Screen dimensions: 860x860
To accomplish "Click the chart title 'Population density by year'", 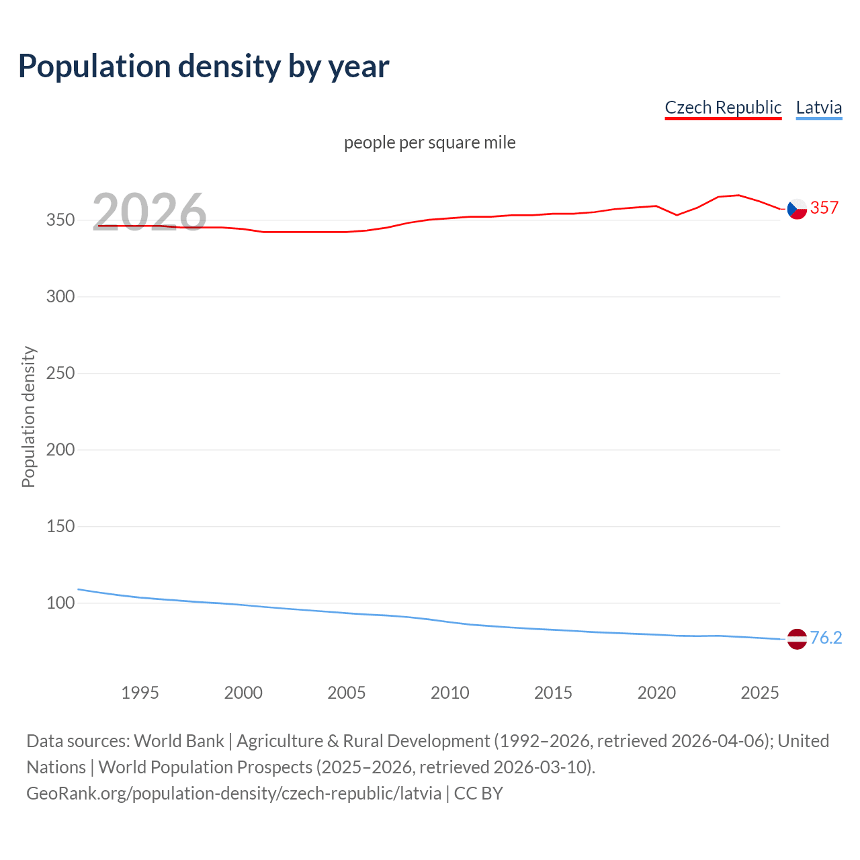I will tap(204, 67).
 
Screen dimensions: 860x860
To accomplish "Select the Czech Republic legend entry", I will tap(723, 107).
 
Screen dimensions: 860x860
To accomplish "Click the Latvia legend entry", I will tap(818, 107).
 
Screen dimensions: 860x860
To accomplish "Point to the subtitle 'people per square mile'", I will tap(430, 142).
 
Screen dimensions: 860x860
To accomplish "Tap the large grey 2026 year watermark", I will tap(149, 212).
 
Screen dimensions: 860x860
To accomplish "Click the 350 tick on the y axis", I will tap(60, 220).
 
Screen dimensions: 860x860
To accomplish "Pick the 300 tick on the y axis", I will tap(60, 297).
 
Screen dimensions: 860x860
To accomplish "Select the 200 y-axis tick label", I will tap(60, 450).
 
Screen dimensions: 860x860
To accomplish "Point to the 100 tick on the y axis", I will tap(60, 603).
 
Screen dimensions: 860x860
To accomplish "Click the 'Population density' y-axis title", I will tap(28, 417).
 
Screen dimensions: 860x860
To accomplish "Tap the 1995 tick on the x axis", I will tap(140, 693).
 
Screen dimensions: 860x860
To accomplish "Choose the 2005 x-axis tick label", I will tap(347, 693).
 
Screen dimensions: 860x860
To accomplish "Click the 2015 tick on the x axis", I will tap(553, 693).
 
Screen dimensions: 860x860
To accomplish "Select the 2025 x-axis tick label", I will tap(760, 693).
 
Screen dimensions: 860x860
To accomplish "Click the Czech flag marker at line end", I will tap(797, 210).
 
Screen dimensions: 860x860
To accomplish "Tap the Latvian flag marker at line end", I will tap(797, 639).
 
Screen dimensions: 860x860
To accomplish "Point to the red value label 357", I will tap(824, 208).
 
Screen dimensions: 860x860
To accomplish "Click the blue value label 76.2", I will tap(826, 638).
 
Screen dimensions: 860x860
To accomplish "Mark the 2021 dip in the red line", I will tap(677, 215).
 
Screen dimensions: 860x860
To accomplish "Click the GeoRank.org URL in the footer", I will tap(234, 793).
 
